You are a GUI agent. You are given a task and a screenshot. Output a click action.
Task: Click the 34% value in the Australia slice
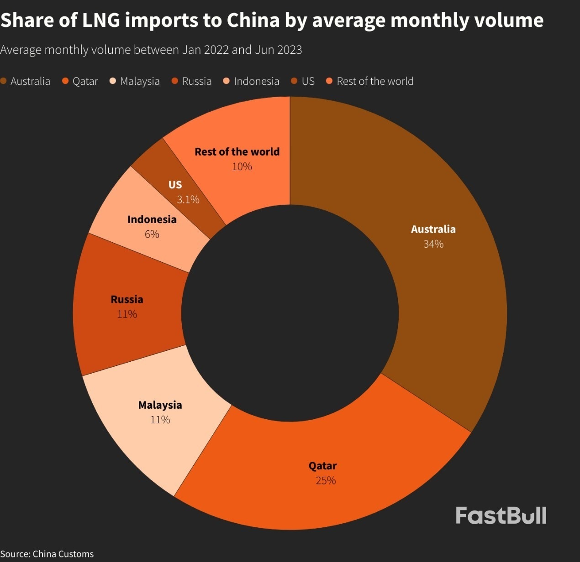click(x=433, y=244)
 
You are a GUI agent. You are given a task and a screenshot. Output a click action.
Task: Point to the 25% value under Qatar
click(x=326, y=481)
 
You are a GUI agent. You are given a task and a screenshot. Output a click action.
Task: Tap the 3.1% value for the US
click(x=188, y=199)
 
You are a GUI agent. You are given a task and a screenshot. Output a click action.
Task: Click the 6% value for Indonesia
click(x=152, y=234)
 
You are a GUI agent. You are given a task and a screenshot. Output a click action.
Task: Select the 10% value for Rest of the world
click(x=242, y=167)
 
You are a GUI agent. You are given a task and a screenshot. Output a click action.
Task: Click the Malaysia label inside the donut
click(x=160, y=405)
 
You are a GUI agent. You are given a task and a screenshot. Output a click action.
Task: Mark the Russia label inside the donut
click(x=127, y=300)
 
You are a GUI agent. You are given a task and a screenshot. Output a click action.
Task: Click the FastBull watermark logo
click(x=501, y=515)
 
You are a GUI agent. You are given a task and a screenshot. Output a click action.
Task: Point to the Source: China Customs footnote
click(x=47, y=554)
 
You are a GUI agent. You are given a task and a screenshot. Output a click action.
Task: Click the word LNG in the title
click(x=100, y=21)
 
